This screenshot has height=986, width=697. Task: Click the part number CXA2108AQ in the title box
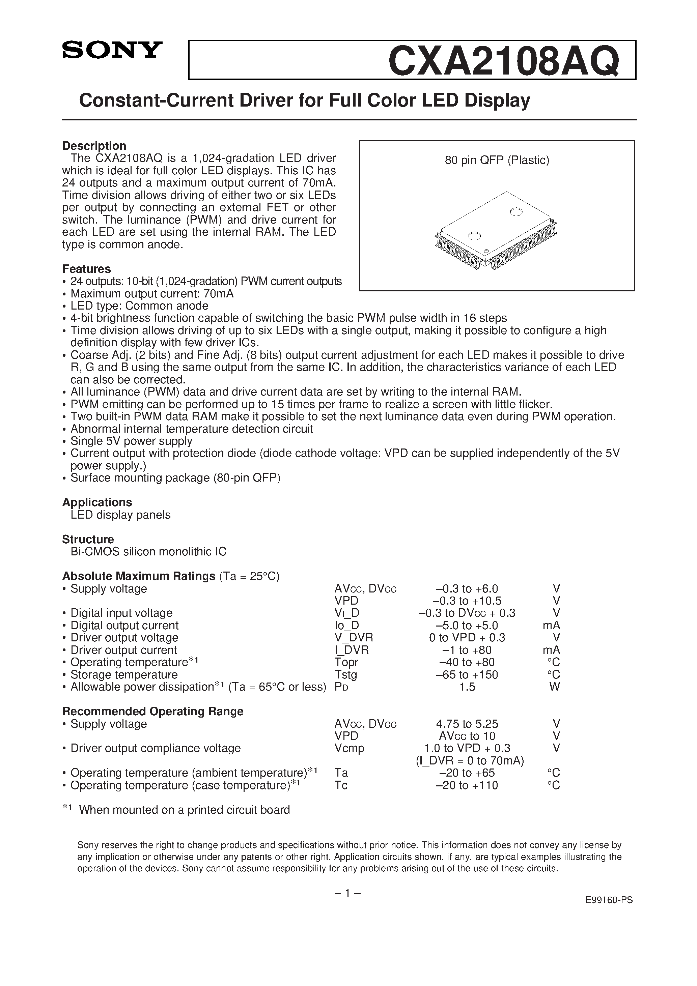tap(504, 61)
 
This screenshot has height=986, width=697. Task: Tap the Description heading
tap(94, 146)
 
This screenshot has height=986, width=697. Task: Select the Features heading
tap(86, 269)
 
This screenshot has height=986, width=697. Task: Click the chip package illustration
tap(497, 231)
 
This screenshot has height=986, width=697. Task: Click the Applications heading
tap(97, 502)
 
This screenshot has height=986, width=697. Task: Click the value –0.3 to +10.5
tap(467, 601)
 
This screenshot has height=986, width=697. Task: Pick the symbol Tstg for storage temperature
tap(345, 675)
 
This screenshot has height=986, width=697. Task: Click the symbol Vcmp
tap(349, 748)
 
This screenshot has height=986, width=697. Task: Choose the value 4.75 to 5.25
tap(467, 724)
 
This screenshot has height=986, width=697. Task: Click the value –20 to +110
tap(467, 785)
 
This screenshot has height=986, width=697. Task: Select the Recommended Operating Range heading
tap(152, 711)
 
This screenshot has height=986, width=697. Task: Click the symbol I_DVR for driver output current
tap(351, 650)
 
